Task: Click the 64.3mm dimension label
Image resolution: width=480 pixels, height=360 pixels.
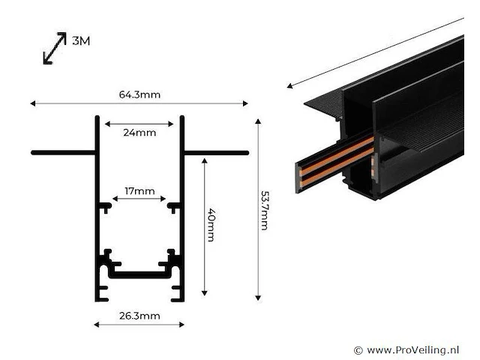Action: pos(139,94)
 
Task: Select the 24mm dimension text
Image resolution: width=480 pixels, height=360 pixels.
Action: pos(139,133)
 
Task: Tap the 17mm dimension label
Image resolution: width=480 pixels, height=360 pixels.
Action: pos(139,191)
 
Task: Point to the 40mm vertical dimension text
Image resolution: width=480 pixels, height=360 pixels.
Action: pos(211,225)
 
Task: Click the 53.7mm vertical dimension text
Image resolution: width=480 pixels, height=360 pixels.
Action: pos(264,211)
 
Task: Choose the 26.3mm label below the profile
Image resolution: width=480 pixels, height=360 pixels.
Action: pos(139,316)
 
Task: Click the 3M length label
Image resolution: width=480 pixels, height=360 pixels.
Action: pos(81,40)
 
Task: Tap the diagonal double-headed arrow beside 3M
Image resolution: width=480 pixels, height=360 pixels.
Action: pos(55,48)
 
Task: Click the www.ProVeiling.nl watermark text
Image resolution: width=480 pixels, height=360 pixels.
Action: pos(412,349)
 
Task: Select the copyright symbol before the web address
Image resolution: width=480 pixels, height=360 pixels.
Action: pos(358,350)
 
